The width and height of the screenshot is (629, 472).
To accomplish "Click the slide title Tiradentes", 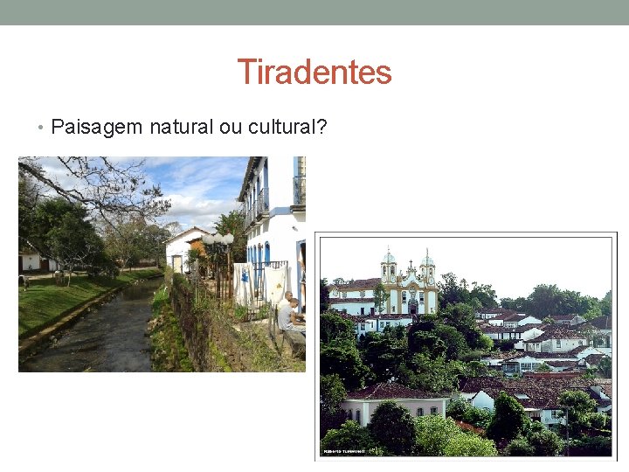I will point(314,72).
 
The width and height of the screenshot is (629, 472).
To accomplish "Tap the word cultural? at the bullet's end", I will point(287,128).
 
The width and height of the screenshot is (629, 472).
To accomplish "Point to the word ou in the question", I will point(231,128).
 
